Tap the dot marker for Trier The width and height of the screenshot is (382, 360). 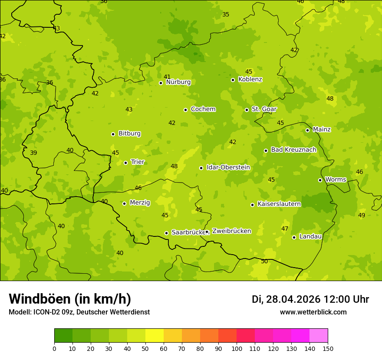coord(126,163)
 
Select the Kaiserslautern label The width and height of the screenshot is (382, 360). coord(279,204)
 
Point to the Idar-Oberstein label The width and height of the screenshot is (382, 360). coord(228,167)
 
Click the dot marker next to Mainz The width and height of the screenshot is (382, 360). coord(307,130)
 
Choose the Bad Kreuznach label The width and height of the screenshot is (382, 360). coord(293,150)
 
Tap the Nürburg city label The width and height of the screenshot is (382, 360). coord(178,82)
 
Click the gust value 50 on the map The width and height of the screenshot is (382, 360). coord(264,261)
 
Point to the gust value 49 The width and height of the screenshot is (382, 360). coord(362,215)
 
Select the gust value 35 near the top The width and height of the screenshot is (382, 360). coord(226,14)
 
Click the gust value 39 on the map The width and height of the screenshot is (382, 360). coord(33,153)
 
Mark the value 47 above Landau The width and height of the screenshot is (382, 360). coord(285,229)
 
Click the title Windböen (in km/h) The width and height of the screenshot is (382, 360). coord(70,299)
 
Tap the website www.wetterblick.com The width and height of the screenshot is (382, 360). coord(313,312)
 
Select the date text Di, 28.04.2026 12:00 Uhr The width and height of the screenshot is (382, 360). coord(310,299)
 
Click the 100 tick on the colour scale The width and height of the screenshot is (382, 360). coord(237,348)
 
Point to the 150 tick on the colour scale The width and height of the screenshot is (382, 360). coord(328,348)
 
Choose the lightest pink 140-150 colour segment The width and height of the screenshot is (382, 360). coord(319,336)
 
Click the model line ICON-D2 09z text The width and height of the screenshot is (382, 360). coord(79,312)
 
